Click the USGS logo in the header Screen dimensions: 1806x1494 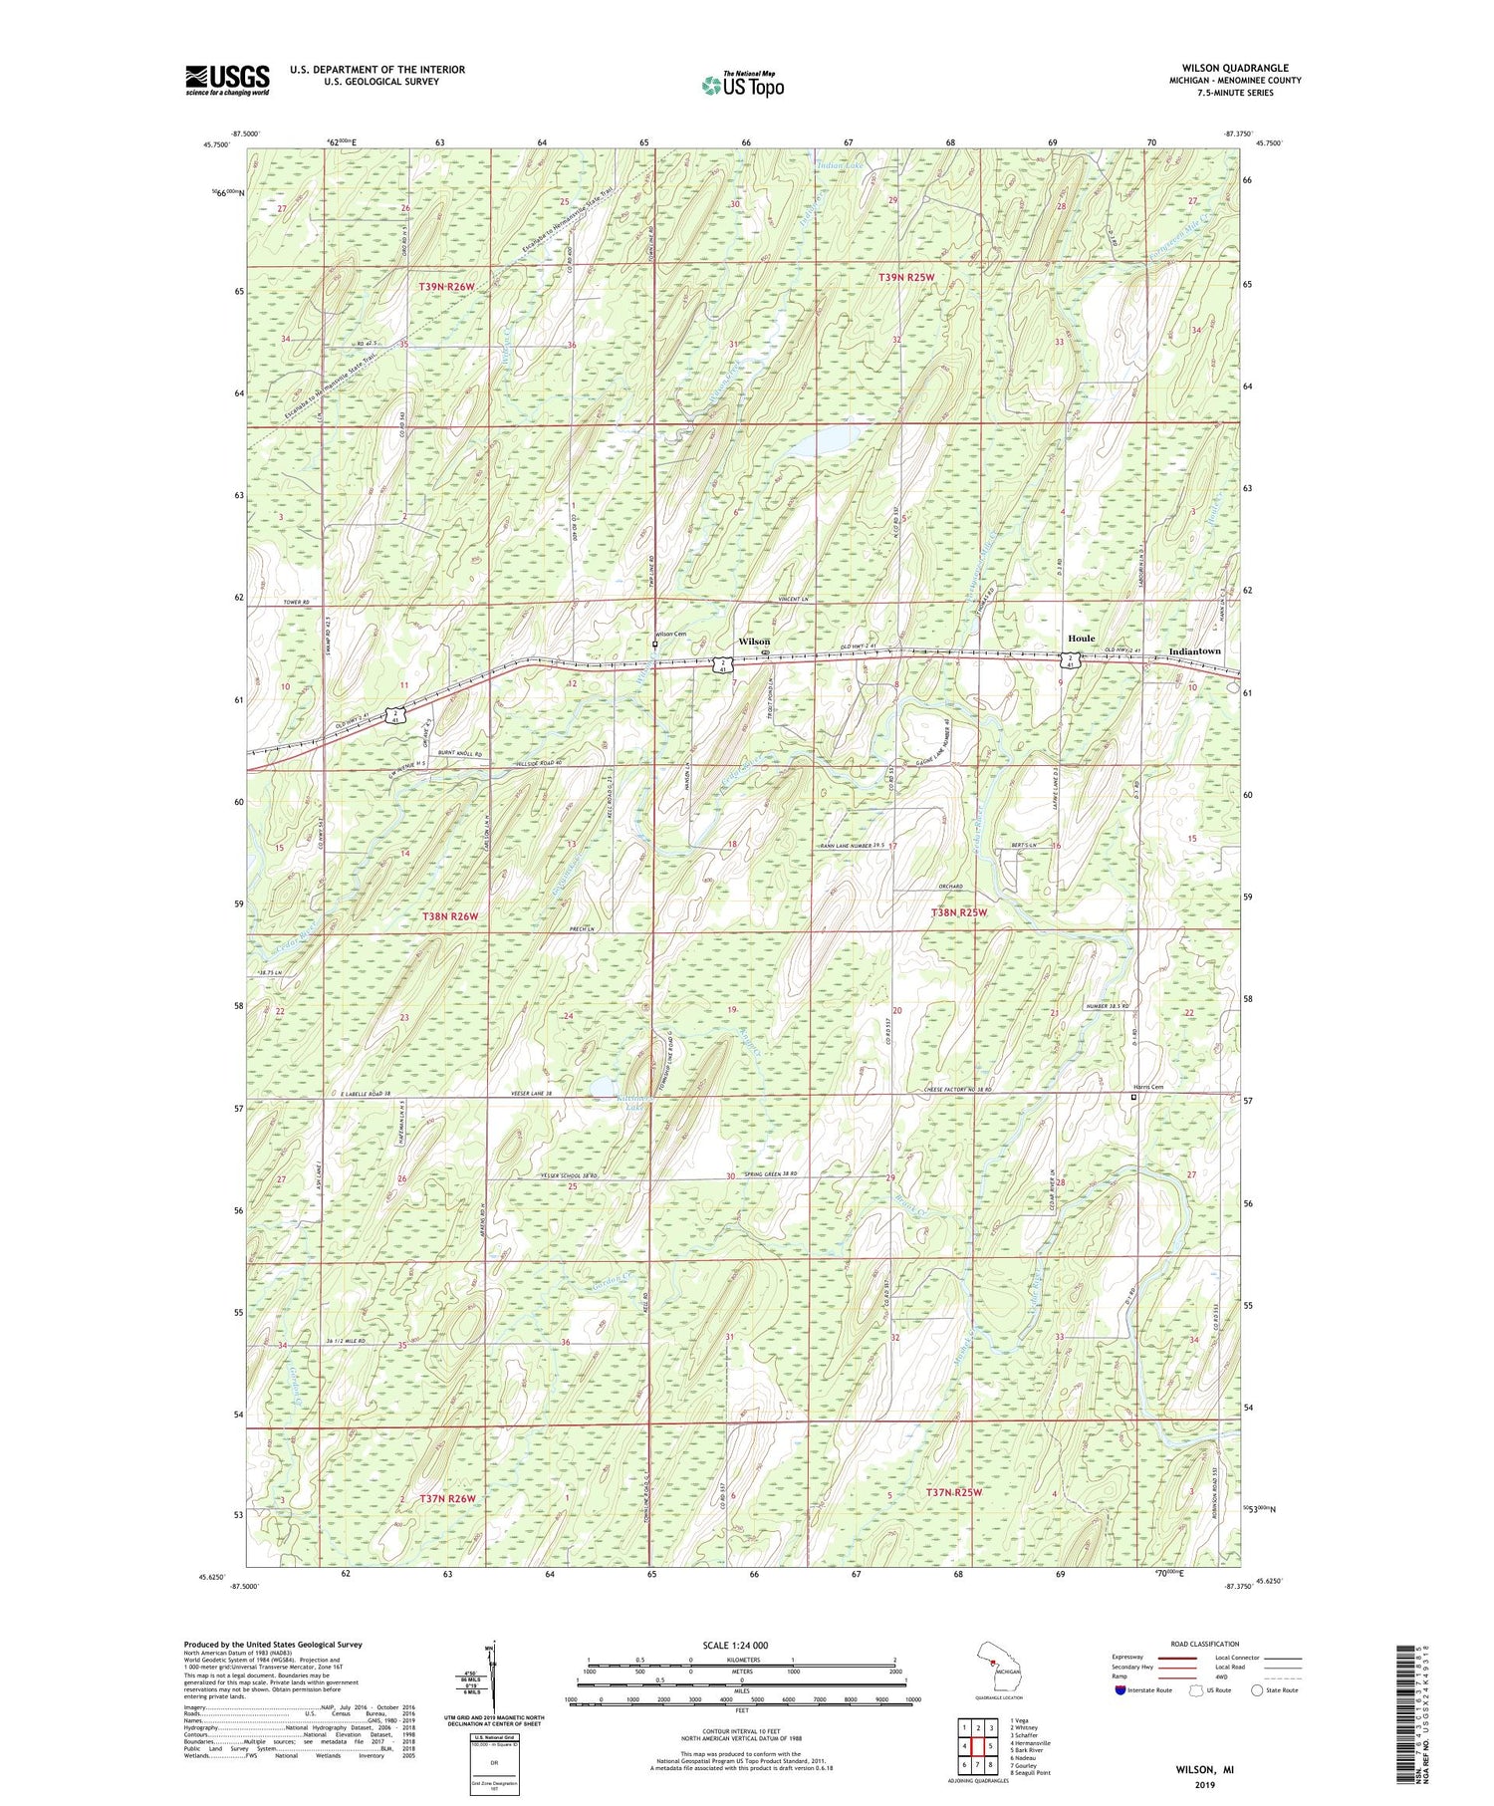227,80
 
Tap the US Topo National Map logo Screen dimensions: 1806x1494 742,86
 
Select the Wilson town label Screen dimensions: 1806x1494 754,642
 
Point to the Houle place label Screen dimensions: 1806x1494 1081,639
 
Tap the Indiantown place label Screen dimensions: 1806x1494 1193,651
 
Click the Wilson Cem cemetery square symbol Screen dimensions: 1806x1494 653,645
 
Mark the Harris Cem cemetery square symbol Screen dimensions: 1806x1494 1133,1097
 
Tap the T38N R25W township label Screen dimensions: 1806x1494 958,912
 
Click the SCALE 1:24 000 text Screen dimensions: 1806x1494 741,1645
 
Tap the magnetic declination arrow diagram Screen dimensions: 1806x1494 489,1675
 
